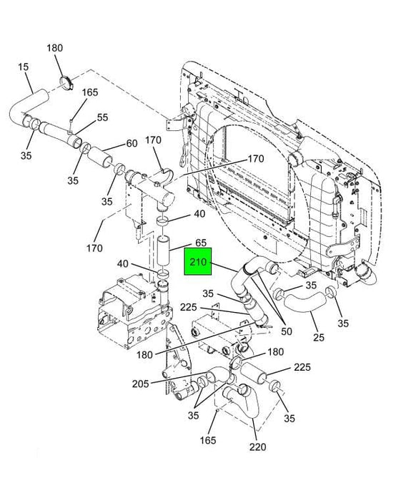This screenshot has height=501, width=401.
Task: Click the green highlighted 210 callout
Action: [x=198, y=261]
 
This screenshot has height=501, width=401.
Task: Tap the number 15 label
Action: [x=23, y=67]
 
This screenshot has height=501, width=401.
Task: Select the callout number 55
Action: [x=102, y=117]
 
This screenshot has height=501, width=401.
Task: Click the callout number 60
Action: [x=132, y=143]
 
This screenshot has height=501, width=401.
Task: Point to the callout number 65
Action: [x=201, y=243]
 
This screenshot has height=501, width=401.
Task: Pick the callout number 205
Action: [x=141, y=384]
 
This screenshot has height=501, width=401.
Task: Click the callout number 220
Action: [x=257, y=447]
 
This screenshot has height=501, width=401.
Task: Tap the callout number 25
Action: [x=318, y=337]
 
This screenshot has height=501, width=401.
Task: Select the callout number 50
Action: [x=287, y=331]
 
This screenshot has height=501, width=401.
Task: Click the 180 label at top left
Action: [x=55, y=48]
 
